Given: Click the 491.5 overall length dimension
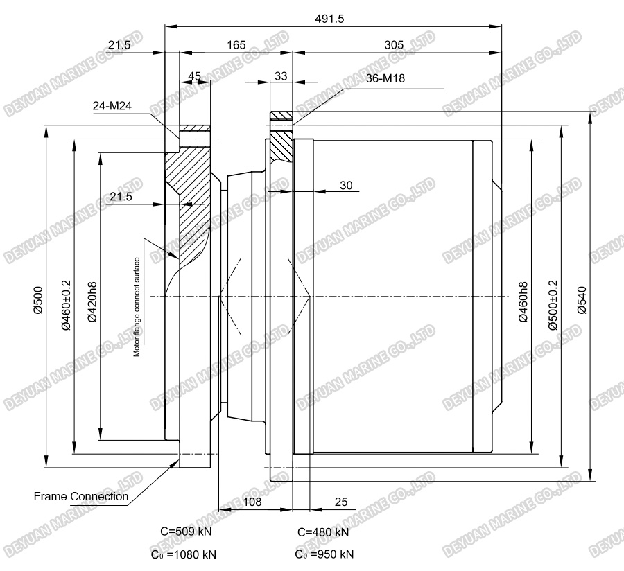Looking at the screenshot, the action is coord(329,19).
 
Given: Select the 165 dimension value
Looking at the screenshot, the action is coord(236,45).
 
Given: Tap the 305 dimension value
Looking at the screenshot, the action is coord(394,45).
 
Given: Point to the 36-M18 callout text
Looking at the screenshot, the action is coord(385,78).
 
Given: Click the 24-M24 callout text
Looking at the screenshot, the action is coord(112,106).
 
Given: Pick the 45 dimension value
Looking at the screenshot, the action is coord(194,76).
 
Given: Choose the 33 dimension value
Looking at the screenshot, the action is coord(281,76).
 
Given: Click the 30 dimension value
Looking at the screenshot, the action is coord(346,185).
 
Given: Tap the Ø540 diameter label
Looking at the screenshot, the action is coord(582,300).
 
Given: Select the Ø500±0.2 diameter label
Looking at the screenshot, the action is coord(553,305).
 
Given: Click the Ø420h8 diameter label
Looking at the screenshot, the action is coord(92,302).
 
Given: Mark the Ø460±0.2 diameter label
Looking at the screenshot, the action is coord(66,305).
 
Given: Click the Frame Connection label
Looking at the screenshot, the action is coord(81,496).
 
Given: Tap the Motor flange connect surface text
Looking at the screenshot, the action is coord(137,307).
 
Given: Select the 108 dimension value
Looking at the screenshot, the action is coord(252,502).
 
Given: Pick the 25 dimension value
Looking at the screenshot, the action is coord(341,502).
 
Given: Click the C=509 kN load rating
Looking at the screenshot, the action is coord(186,532).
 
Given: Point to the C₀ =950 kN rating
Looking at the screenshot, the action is coord(324,554).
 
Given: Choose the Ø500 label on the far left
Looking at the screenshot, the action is coord(38,300).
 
